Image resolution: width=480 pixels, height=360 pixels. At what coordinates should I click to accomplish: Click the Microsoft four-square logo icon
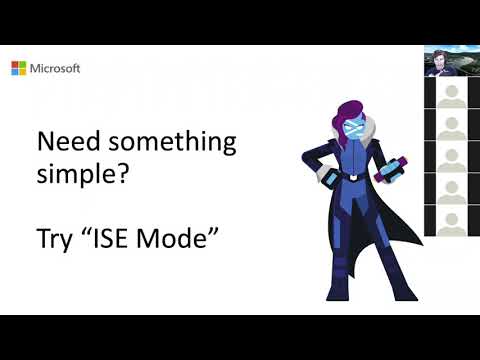[x=18, y=68]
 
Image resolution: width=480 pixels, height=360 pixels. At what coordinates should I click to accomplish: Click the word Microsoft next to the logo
[x=54, y=68]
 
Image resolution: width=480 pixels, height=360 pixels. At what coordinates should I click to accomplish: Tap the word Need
[x=64, y=142]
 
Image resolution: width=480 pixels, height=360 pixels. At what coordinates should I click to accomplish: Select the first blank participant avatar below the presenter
[x=448, y=97]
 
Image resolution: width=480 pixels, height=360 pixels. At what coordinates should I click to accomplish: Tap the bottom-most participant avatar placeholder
[x=448, y=220]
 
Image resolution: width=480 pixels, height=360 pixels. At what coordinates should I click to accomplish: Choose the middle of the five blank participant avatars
[x=448, y=159]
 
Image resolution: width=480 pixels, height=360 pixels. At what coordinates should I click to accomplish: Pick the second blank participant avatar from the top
[x=448, y=128]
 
